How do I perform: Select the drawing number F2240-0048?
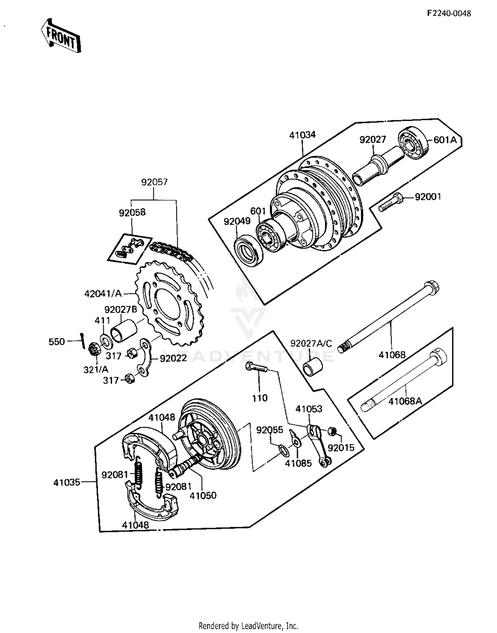tap(449, 13)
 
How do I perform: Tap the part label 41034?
tap(302, 135)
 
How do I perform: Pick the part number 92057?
tap(154, 182)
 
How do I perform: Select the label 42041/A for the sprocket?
tap(103, 294)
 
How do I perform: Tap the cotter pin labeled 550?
tap(82, 341)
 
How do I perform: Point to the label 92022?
tap(173, 359)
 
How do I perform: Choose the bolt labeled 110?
tap(255, 367)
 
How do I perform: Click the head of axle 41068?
tap(431, 287)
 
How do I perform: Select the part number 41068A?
tap(405, 401)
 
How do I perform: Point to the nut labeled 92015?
tap(332, 431)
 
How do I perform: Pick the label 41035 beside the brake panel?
tap(67, 482)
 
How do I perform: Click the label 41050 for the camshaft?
tap(203, 496)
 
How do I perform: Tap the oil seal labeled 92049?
tap(248, 250)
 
